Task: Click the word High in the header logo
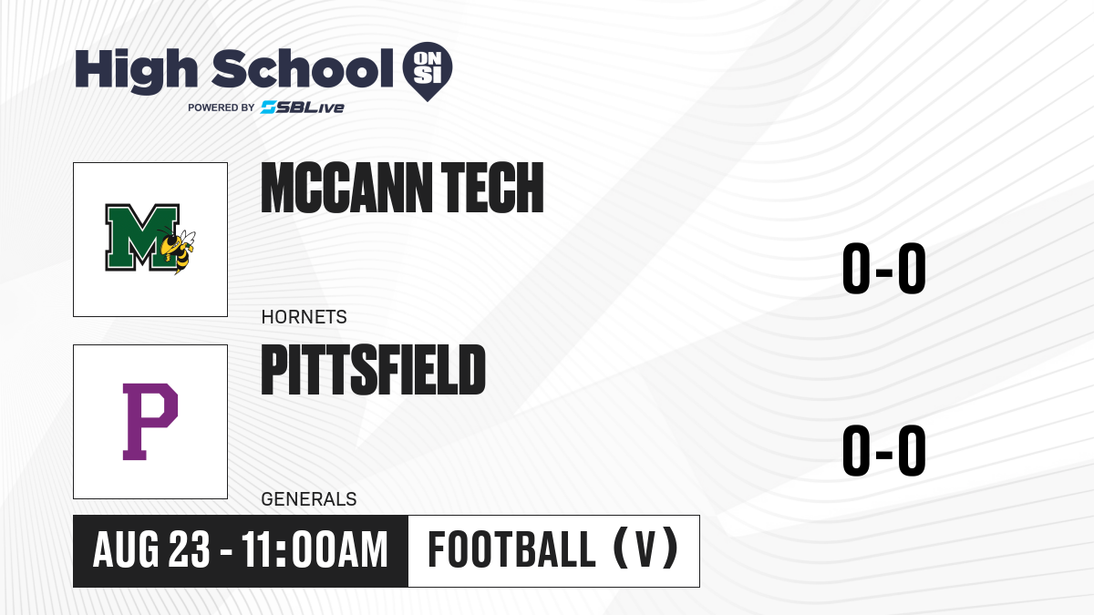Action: pos(137,70)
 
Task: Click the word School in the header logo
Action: pos(303,68)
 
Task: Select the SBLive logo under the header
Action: pos(303,108)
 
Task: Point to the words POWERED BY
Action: pos(222,108)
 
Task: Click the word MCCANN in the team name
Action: pos(346,188)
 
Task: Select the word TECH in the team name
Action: pos(492,188)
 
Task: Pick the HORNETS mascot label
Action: pos(304,317)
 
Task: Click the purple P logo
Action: pos(150,422)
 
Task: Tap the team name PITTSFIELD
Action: pos(373,370)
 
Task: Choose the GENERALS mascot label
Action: pos(309,499)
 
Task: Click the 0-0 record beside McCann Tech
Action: pos(884,269)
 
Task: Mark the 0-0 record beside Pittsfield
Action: pos(884,450)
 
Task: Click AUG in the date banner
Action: pos(126,549)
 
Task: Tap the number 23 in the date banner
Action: pos(190,549)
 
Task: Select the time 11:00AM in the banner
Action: pos(315,549)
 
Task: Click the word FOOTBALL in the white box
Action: pos(511,549)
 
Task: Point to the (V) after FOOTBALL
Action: pos(645,548)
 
